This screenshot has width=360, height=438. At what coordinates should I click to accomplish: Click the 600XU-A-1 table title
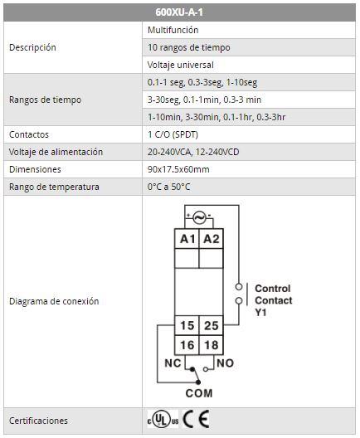(179, 12)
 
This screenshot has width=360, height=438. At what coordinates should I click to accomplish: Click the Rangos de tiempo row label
(45, 100)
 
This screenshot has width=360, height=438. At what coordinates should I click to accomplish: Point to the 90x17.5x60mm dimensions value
(178, 169)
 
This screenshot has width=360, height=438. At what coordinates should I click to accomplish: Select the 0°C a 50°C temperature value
(168, 187)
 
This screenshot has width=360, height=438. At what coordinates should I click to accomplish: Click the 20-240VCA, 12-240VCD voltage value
(193, 152)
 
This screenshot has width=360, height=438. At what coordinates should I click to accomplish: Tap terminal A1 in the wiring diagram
(187, 239)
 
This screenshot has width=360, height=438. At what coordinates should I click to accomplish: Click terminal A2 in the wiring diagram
(212, 239)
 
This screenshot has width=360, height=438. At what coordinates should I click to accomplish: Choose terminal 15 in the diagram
(187, 325)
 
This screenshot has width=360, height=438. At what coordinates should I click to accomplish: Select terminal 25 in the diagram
(212, 325)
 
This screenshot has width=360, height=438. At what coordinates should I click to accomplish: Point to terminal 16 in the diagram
(187, 345)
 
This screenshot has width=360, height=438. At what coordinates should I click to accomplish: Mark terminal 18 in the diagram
(212, 345)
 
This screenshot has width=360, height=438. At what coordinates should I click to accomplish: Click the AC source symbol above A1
(200, 217)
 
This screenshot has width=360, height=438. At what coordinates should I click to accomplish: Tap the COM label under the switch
(199, 393)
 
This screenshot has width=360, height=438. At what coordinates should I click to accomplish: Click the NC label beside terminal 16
(173, 363)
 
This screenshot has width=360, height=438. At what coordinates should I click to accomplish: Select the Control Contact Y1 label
(274, 300)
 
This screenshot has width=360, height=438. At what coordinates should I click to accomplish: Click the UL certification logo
(163, 419)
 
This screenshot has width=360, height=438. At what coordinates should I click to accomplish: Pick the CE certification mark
(196, 419)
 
